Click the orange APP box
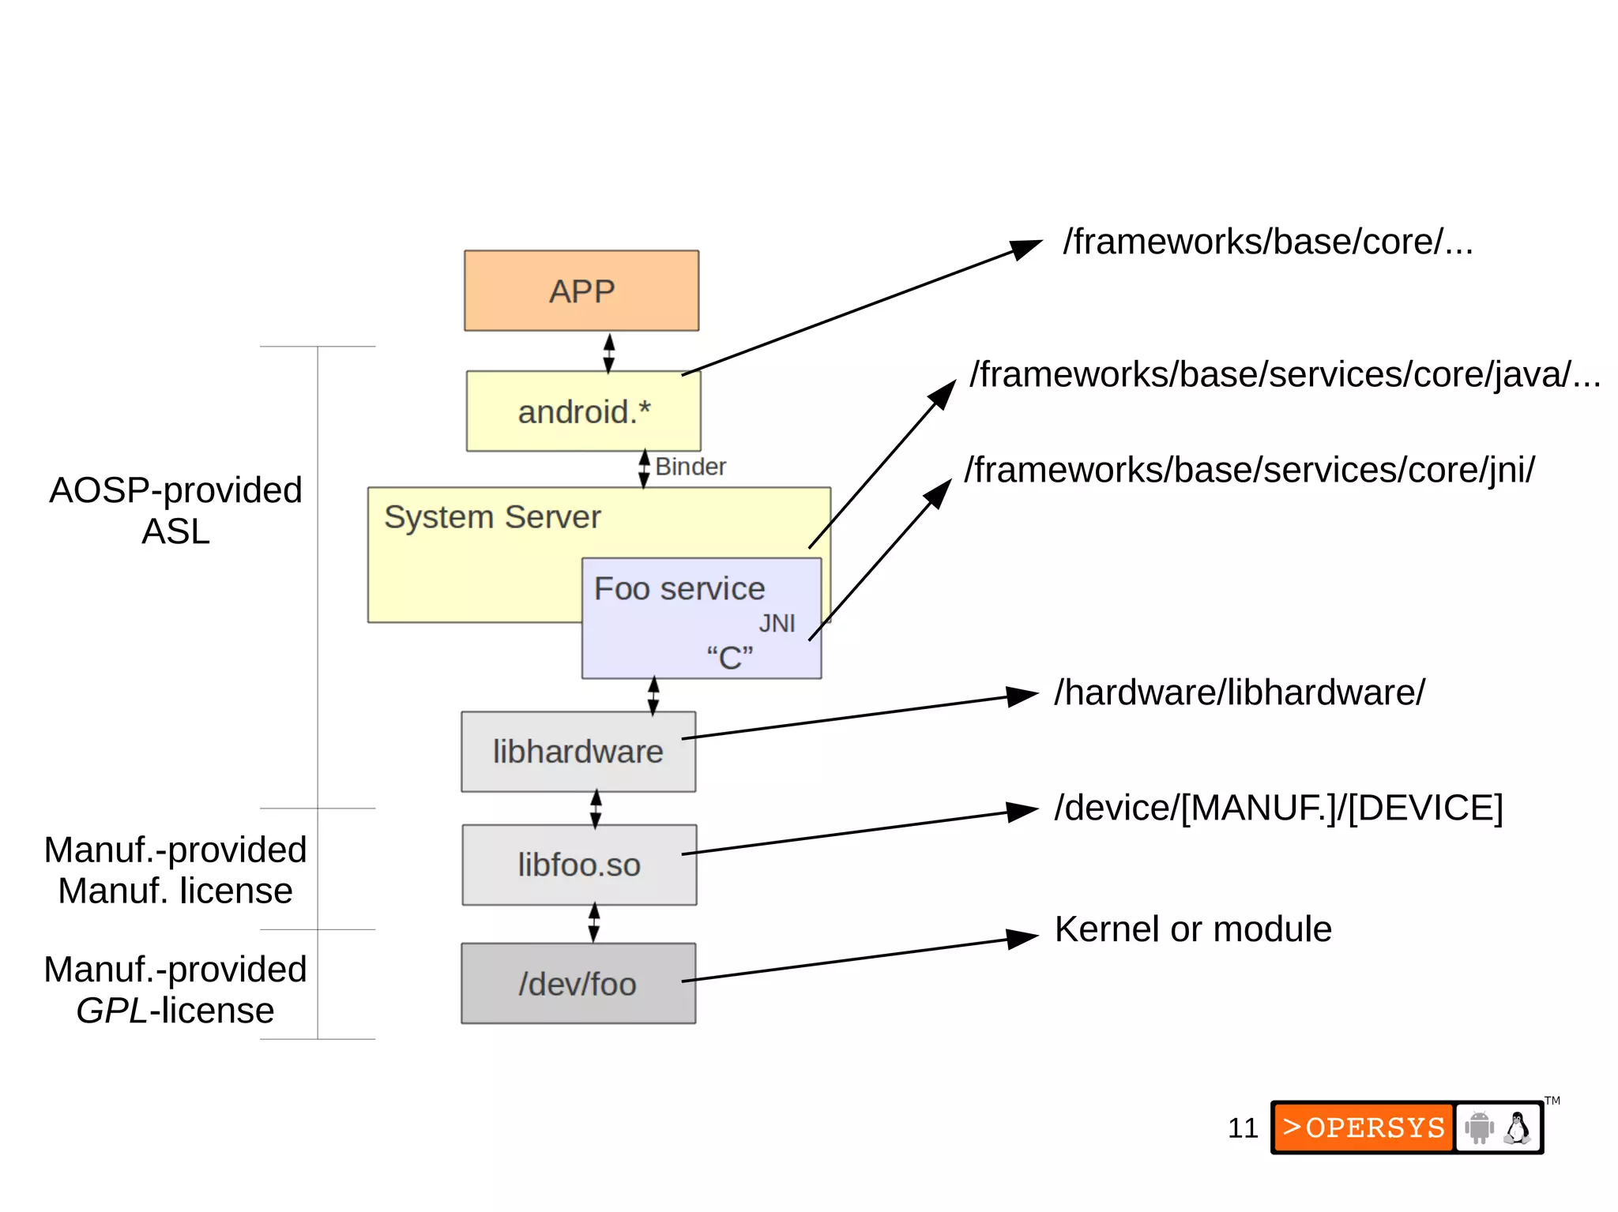click(x=581, y=291)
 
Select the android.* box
click(x=583, y=411)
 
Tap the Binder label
click(x=690, y=467)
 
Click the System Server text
click(x=492, y=517)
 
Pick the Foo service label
click(x=679, y=589)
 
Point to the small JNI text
click(x=777, y=624)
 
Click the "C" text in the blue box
click(x=729, y=658)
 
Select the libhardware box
click(x=578, y=752)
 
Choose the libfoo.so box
click(x=579, y=865)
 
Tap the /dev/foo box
click(x=578, y=984)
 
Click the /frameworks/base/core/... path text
click(x=1267, y=242)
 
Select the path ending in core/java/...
click(x=1285, y=374)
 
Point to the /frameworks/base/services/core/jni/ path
click(x=1249, y=470)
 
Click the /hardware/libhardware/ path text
click(x=1240, y=692)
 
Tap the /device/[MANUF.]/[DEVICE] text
click(x=1278, y=808)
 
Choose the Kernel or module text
click(x=1193, y=929)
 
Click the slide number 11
click(x=1242, y=1128)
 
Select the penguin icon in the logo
click(x=1517, y=1128)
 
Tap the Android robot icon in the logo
click(x=1479, y=1128)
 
